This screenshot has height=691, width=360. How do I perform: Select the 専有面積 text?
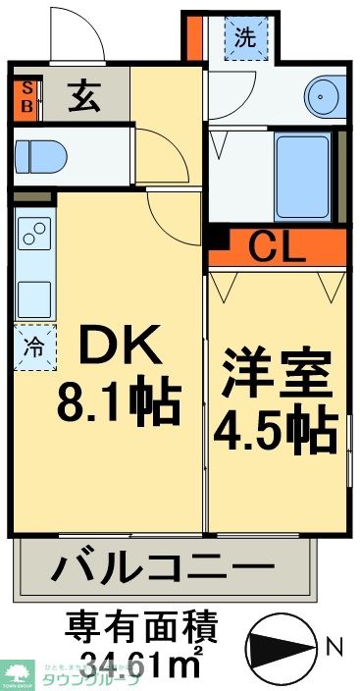click(x=141, y=624)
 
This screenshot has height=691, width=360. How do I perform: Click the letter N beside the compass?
click(x=334, y=647)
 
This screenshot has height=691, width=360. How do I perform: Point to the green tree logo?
click(x=18, y=670)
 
